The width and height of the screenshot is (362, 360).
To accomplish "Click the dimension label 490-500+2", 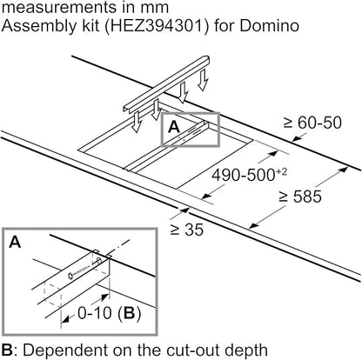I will (x=251, y=183).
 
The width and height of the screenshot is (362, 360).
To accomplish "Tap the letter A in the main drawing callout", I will (x=173, y=127).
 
